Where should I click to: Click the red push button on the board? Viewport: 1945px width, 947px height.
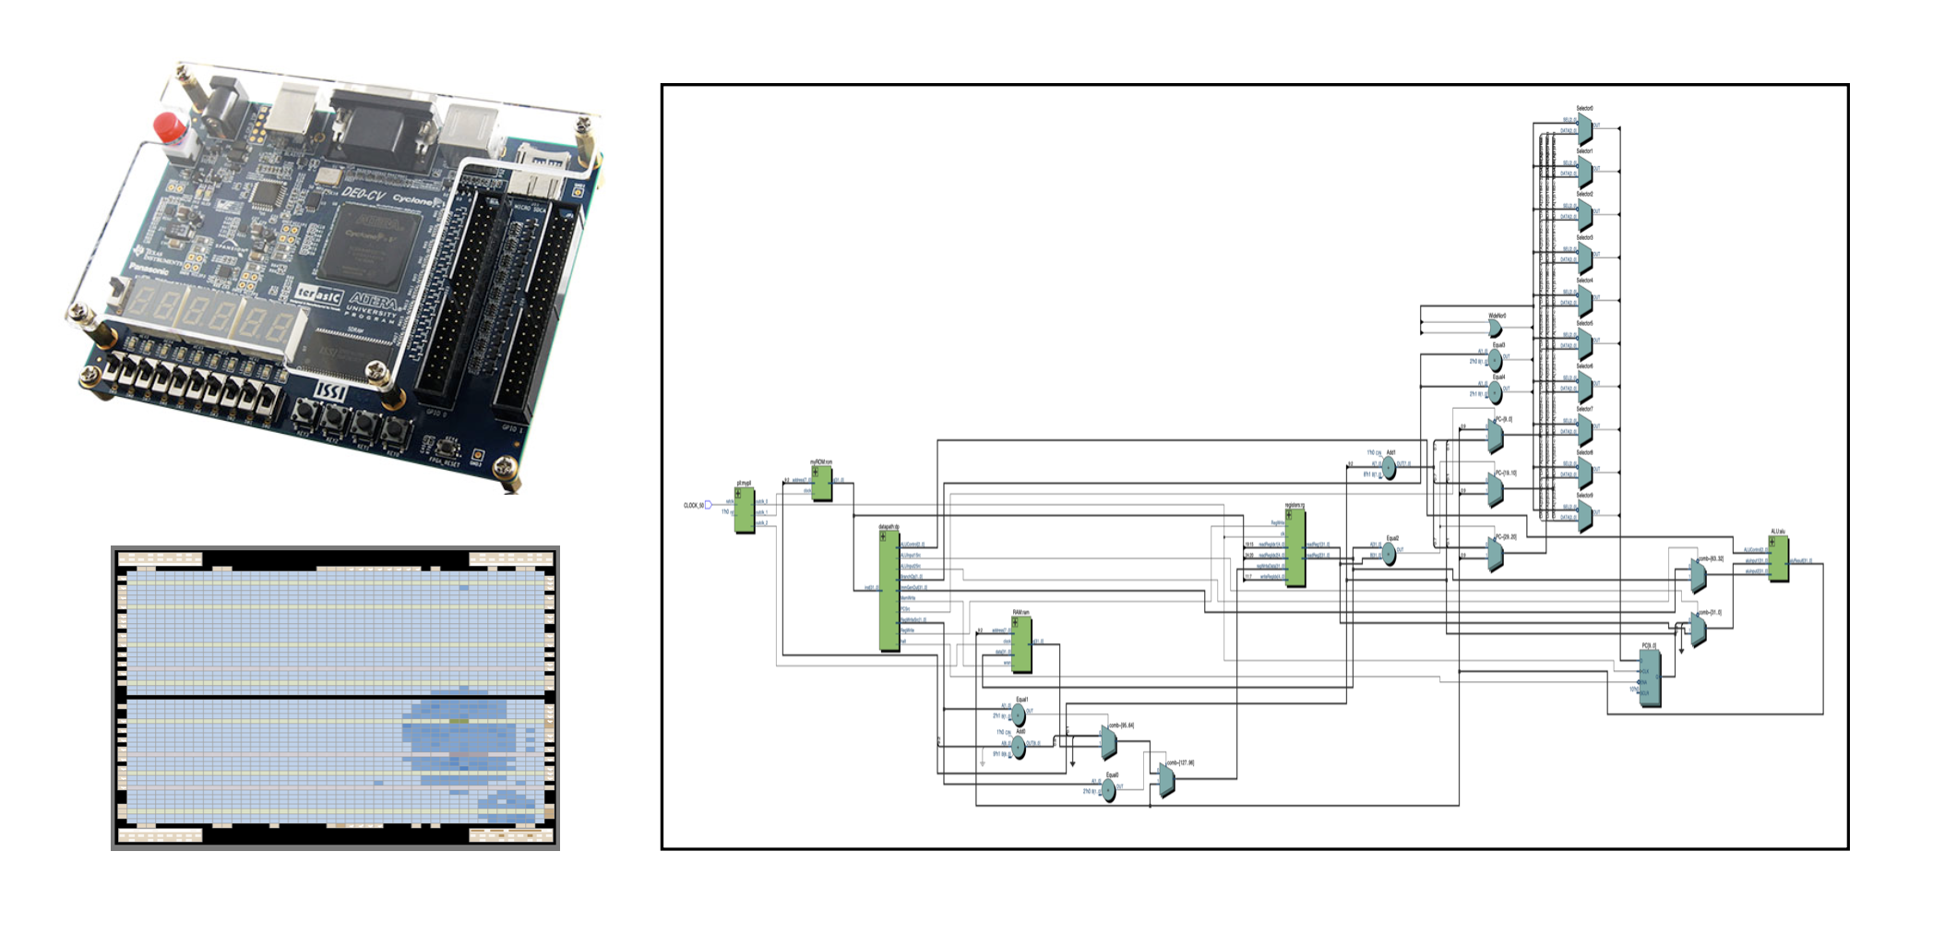click(x=170, y=126)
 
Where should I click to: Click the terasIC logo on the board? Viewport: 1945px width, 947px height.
click(x=318, y=295)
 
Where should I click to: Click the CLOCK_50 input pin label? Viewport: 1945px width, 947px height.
click(x=694, y=505)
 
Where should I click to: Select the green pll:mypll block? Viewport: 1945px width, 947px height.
click(x=744, y=510)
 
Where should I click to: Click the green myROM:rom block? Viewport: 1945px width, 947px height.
click(x=821, y=484)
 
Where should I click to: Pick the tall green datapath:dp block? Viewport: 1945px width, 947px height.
click(x=889, y=591)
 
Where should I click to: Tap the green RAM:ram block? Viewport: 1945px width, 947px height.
click(x=1021, y=643)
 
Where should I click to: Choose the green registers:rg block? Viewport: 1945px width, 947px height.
click(x=1295, y=548)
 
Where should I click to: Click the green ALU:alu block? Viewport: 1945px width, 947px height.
click(x=1778, y=558)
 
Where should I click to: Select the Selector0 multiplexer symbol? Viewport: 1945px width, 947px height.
click(x=1584, y=128)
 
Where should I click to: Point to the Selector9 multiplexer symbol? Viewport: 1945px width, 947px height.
click(x=1584, y=515)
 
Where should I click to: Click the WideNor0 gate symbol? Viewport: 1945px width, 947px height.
click(x=1495, y=329)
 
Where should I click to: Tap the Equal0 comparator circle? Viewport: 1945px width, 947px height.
click(x=1109, y=791)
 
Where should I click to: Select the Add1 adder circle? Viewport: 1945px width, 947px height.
click(x=1389, y=469)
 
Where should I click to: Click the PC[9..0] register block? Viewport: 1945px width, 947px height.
click(x=1649, y=677)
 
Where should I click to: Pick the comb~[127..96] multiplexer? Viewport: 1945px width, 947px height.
click(x=1166, y=781)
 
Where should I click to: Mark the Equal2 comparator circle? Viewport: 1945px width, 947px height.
click(x=1389, y=554)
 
